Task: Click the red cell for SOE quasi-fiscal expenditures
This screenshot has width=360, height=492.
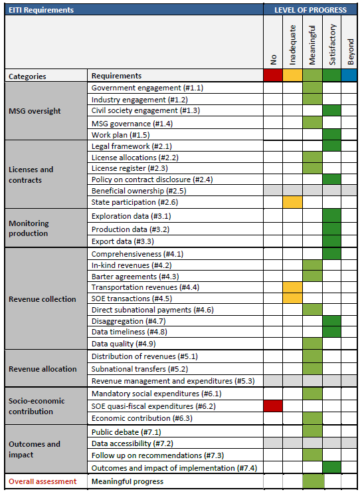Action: [273, 406]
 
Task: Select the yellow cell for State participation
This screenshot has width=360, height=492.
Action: [292, 202]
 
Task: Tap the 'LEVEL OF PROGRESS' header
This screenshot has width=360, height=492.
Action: [310, 10]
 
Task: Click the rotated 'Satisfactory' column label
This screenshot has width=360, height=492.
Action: [332, 45]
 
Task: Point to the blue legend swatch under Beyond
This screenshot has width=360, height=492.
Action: [349, 76]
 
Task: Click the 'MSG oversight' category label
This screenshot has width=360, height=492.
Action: [35, 111]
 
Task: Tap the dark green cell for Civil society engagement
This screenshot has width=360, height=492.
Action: [332, 110]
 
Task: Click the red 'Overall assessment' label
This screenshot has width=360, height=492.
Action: [43, 481]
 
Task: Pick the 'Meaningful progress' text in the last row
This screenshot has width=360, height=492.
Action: [128, 481]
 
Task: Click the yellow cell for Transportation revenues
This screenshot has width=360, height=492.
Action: [292, 287]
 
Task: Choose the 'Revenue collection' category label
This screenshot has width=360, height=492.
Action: [43, 299]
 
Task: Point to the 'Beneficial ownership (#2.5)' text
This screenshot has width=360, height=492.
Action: [139, 190]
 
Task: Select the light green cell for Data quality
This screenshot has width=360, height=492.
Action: [312, 344]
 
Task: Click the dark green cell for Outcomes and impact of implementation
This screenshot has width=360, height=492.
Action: [332, 468]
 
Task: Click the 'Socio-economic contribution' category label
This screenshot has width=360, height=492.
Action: [37, 406]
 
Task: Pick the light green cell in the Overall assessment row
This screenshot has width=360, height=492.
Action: [314, 481]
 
